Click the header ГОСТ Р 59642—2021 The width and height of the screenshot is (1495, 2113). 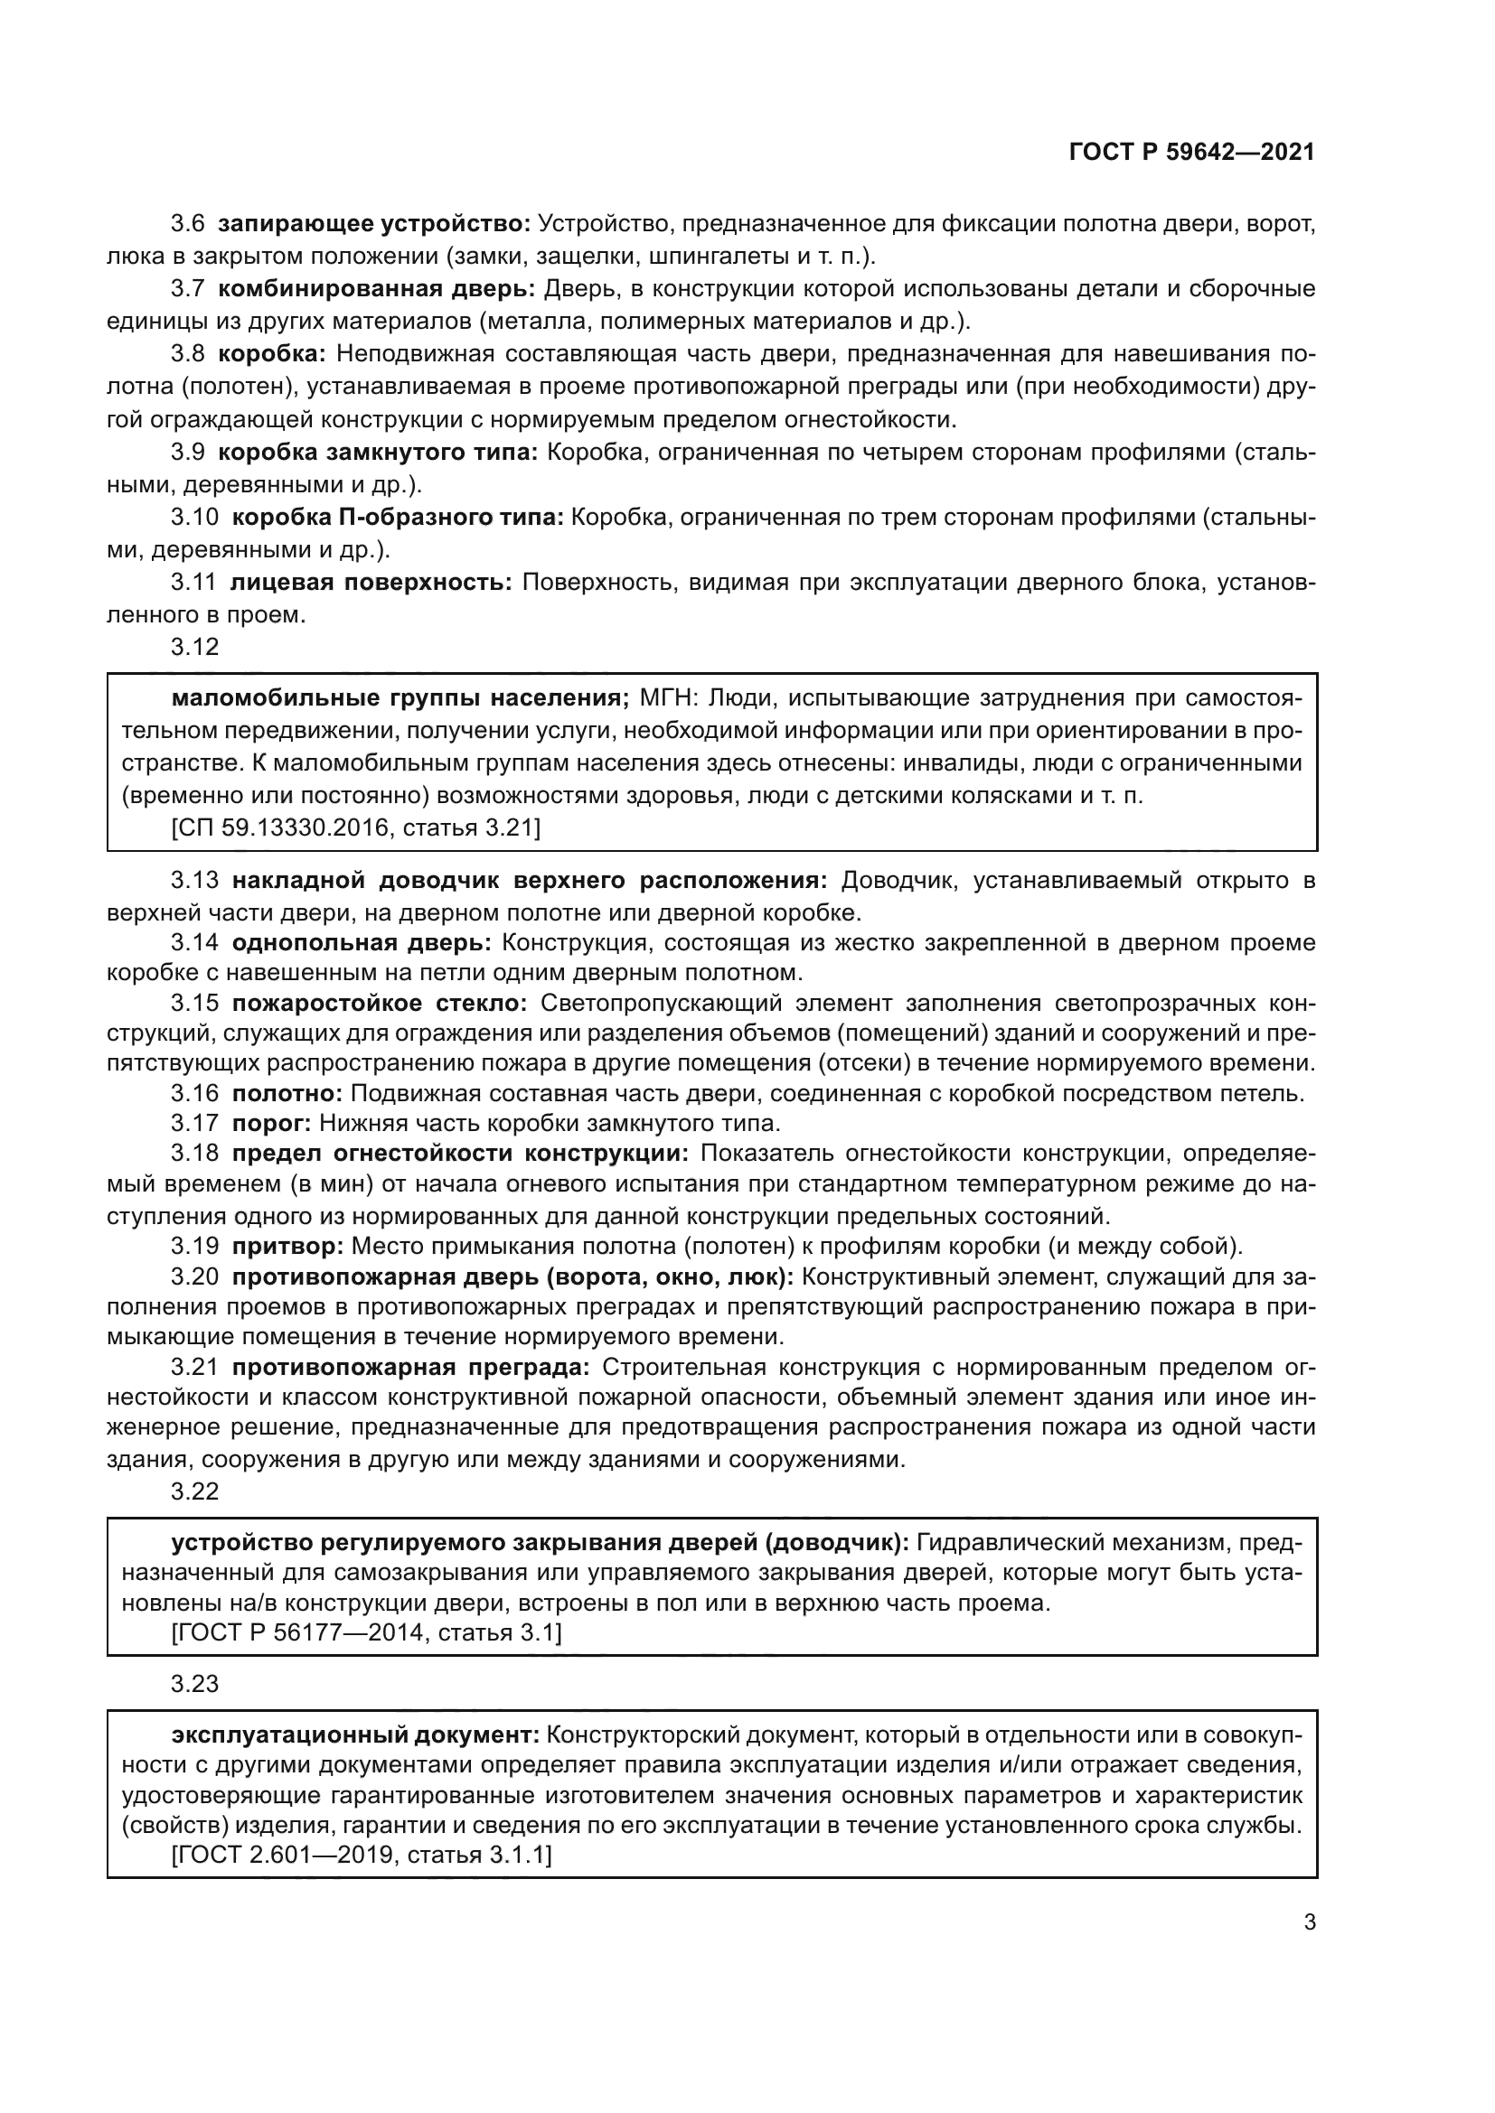1192,153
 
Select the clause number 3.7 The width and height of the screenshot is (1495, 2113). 188,289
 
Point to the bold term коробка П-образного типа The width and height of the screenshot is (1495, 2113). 397,518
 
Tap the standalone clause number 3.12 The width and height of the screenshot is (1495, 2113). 195,647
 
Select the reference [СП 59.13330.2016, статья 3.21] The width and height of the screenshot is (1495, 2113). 356,827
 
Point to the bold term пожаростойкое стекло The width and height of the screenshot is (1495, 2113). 380,1003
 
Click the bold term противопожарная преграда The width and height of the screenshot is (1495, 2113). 410,1368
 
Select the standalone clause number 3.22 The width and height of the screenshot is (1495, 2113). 195,1491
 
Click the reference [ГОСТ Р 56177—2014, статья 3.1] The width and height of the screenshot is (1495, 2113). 366,1633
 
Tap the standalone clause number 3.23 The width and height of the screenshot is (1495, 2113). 195,1684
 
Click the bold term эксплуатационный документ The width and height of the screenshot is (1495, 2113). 355,1735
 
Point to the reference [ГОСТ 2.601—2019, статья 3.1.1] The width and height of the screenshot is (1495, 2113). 362,1856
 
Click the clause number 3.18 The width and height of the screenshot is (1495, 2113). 194,1154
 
